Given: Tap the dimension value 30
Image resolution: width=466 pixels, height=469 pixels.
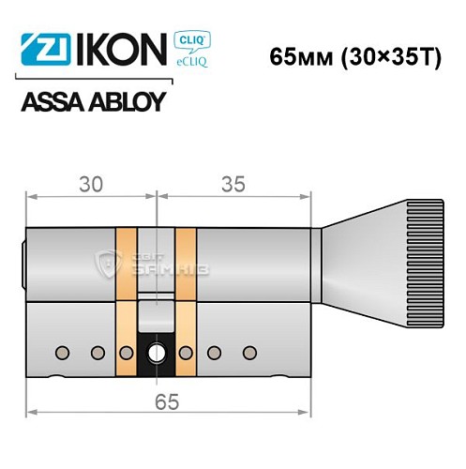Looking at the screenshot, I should point(89,185).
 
